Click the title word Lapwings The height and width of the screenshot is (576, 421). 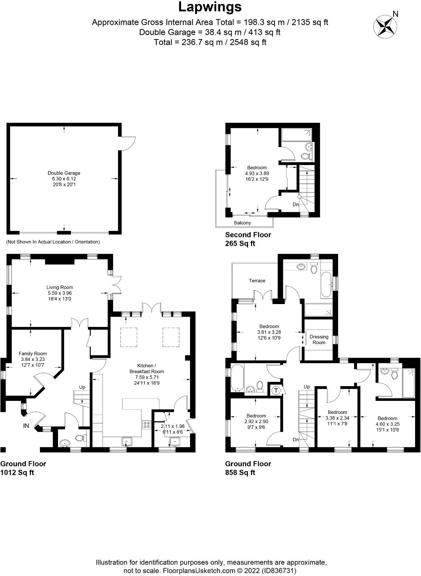(210, 7)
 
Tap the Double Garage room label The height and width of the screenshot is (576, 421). (64, 173)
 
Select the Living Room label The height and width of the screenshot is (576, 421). (60, 287)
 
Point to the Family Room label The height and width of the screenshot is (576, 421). (33, 354)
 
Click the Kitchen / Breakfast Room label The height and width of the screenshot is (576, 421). (147, 368)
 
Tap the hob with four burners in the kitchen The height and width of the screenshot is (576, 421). (147, 425)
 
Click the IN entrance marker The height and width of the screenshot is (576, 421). (26, 426)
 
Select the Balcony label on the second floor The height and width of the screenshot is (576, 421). (242, 223)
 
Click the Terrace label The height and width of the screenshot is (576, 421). (257, 280)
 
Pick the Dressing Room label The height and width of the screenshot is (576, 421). (319, 340)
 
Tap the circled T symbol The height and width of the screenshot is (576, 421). (276, 391)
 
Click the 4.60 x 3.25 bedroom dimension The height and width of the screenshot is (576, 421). (387, 424)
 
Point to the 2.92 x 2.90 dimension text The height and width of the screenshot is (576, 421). (256, 422)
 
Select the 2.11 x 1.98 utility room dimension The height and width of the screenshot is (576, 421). (173, 426)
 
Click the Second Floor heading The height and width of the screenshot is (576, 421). (248, 235)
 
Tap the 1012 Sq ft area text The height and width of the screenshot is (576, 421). (17, 473)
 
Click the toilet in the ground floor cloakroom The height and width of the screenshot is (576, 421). (81, 438)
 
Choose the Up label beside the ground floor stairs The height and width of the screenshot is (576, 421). (82, 387)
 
